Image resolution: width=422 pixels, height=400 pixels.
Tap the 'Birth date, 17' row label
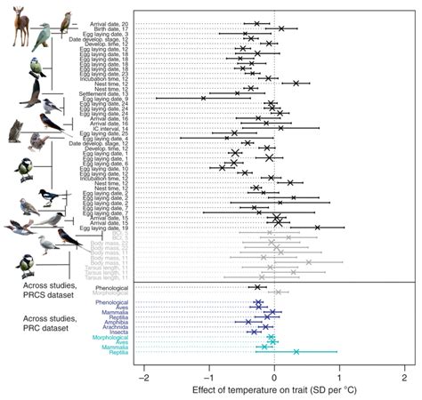tap(110, 28)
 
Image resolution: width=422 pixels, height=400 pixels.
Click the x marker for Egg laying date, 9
tap(203, 98)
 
